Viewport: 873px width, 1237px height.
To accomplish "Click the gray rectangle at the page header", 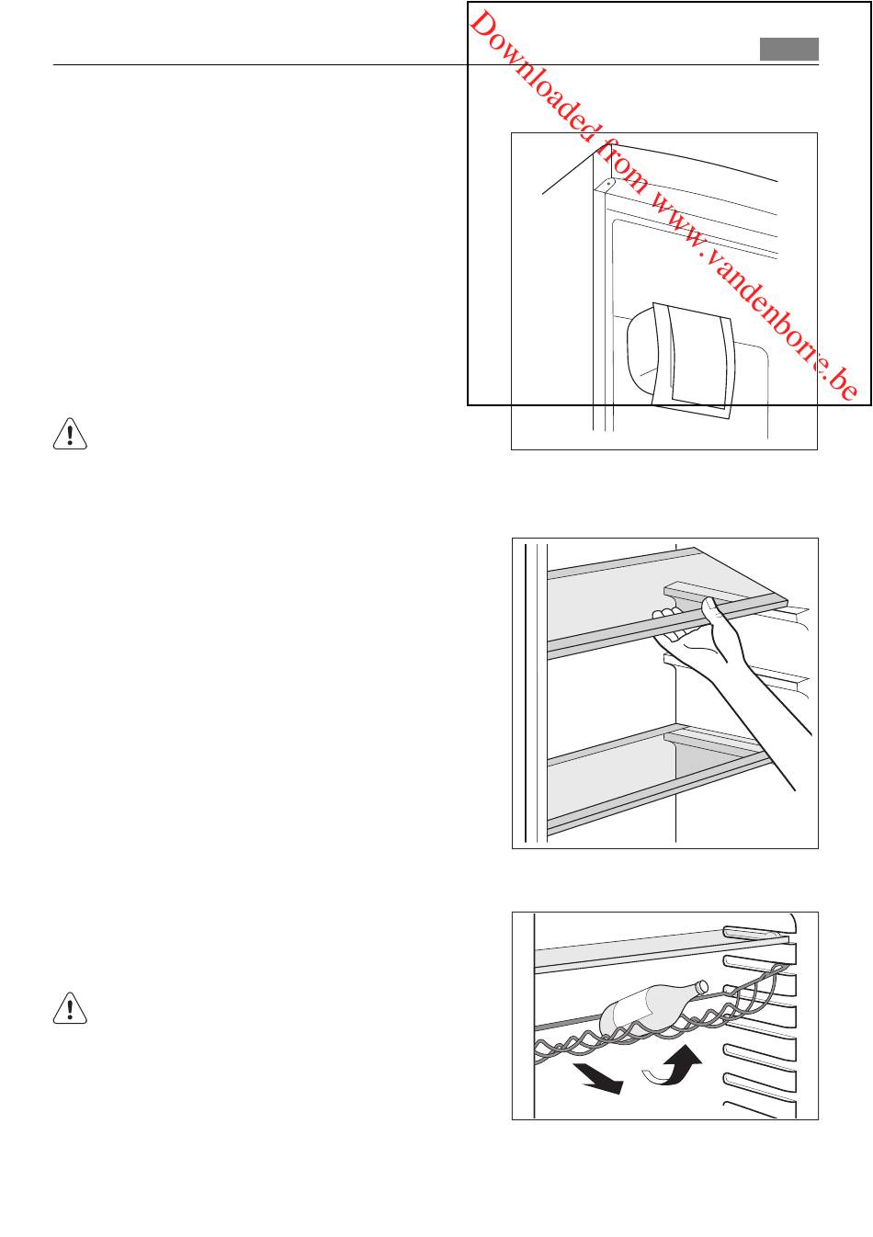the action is point(788,49).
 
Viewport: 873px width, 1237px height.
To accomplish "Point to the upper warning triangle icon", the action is point(70,434).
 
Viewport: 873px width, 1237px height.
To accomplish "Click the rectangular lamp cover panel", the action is point(694,359).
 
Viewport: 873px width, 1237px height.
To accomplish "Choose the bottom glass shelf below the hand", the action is point(657,777).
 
